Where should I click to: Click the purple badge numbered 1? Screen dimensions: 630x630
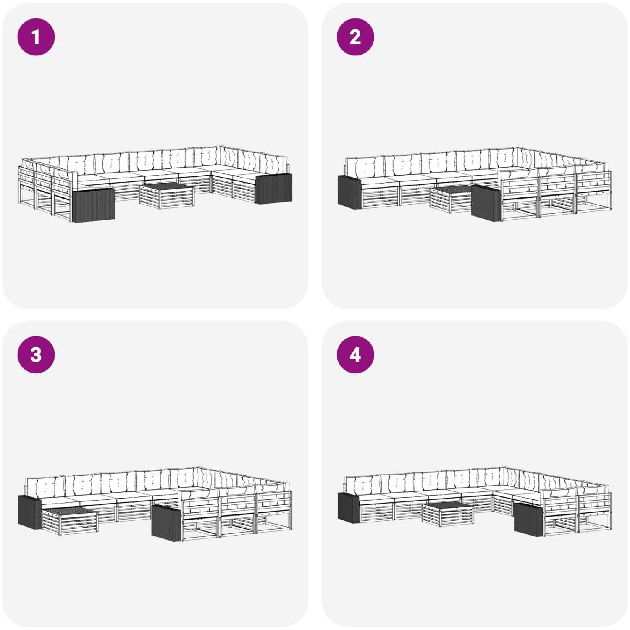36,37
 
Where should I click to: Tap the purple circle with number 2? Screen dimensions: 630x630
355,37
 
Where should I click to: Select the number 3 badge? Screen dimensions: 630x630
36,354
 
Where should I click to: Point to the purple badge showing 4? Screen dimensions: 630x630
355,354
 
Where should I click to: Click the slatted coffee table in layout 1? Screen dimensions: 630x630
167,195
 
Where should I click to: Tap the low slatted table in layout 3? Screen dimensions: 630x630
70,520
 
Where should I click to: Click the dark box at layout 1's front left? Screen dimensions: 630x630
94,205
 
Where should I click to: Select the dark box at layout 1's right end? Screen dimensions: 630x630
274,189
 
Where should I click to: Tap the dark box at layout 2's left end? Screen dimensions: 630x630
349,192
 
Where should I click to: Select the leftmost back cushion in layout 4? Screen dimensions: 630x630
362,485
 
